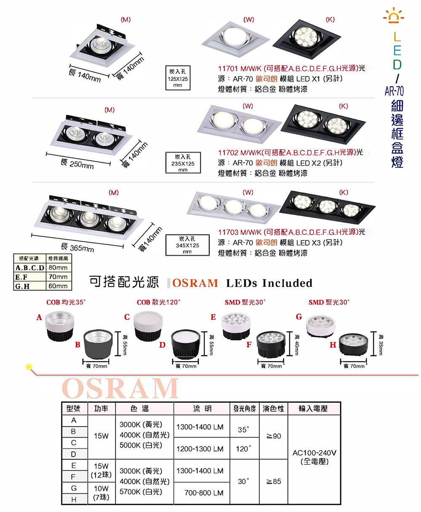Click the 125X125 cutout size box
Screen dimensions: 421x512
click(x=178, y=78)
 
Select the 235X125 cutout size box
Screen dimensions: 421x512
click(x=183, y=162)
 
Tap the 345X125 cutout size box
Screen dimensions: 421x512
click(x=187, y=245)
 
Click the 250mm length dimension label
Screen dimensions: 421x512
click(x=77, y=164)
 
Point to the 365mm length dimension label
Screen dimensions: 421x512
click(x=77, y=247)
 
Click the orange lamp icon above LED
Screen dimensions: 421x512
click(x=394, y=16)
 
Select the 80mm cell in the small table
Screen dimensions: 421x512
click(x=58, y=267)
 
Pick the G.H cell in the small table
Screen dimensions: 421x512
click(x=29, y=286)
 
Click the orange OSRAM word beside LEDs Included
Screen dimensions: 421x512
click(x=195, y=283)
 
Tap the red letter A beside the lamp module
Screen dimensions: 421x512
click(x=39, y=317)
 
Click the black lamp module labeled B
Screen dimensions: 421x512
click(x=98, y=344)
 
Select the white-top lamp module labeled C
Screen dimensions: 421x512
click(x=148, y=326)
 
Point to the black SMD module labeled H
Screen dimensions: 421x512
click(x=353, y=344)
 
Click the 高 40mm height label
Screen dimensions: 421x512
click(x=297, y=345)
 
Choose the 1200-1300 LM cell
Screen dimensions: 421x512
click(x=200, y=449)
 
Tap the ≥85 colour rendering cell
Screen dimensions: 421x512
click(x=274, y=481)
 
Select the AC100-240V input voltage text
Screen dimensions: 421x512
click(x=314, y=453)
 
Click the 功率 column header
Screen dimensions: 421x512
click(x=101, y=409)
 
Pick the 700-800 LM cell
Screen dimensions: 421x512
click(x=204, y=493)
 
